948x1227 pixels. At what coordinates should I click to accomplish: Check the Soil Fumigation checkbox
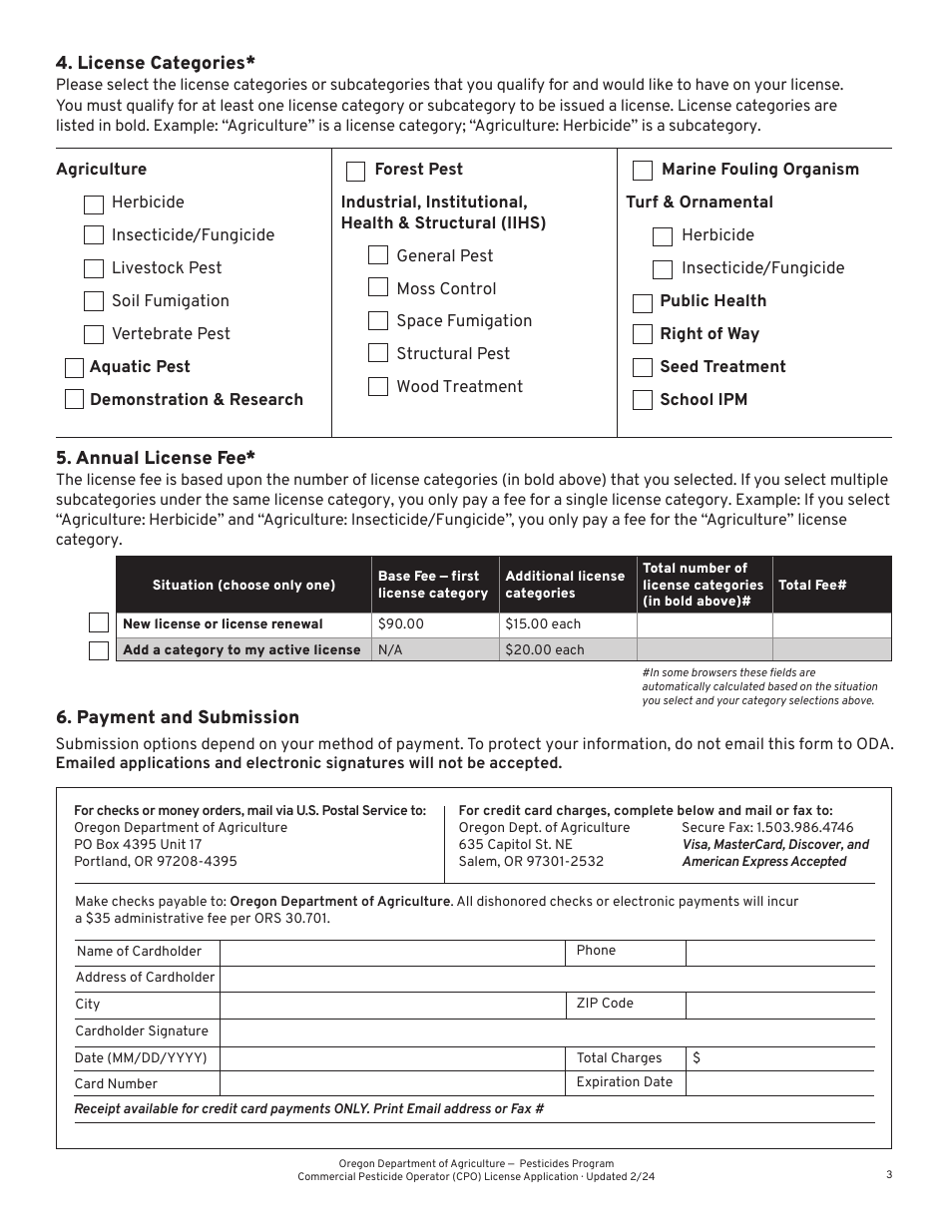coord(94,301)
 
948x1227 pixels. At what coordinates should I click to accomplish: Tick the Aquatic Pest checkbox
coord(74,368)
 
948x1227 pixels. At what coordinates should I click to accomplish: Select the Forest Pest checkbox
coord(355,171)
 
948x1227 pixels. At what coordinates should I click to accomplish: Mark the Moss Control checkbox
coord(378,288)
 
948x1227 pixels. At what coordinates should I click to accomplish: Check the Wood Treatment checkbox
coord(378,387)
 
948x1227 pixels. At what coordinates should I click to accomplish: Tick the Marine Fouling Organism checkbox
coord(644,171)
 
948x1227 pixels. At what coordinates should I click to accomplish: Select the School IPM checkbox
coord(643,400)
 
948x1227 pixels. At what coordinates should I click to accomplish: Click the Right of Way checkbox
coord(643,334)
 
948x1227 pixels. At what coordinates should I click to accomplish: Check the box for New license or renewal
coord(99,623)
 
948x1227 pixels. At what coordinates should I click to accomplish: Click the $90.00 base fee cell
coord(435,624)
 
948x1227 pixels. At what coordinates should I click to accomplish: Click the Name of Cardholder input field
coord(392,952)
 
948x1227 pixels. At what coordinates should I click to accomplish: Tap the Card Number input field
coord(392,1083)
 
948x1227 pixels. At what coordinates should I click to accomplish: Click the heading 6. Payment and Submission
coord(178,717)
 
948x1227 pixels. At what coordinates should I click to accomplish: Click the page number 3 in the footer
coord(888,1174)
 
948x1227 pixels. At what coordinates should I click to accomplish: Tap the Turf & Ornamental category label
coord(700,203)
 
